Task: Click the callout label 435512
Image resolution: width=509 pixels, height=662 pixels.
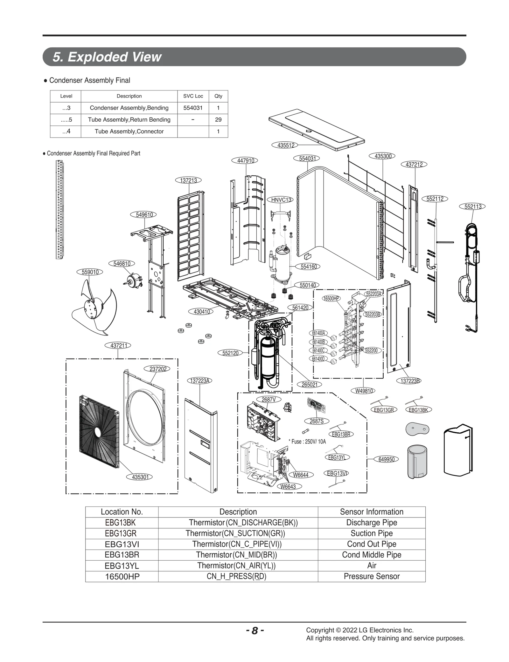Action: tap(285, 145)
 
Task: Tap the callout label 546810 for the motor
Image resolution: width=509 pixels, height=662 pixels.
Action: tap(122, 263)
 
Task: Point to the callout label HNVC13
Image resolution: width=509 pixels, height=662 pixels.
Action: tap(281, 199)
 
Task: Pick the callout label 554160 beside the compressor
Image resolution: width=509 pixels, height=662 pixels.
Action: tap(308, 267)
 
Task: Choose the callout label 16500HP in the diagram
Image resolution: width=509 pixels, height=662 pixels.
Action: tap(331, 298)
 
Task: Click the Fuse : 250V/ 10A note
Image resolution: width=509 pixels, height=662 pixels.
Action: tap(307, 442)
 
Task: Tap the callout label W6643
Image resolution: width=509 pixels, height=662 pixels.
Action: tap(288, 486)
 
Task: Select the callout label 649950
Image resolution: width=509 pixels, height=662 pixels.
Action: tap(386, 459)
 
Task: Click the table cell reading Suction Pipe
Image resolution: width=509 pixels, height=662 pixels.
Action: tap(371, 533)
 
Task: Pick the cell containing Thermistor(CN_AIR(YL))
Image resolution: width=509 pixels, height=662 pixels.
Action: tap(236, 566)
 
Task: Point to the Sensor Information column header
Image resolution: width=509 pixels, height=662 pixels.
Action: tap(371, 512)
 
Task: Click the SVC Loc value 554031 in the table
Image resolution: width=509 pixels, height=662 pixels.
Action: tap(193, 108)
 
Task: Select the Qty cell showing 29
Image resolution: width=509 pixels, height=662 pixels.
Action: tap(218, 120)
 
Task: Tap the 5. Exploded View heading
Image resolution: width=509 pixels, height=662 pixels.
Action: tap(107, 57)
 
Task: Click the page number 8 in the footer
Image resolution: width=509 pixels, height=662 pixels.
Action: tap(254, 631)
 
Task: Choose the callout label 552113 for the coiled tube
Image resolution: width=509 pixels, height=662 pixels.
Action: tap(473, 206)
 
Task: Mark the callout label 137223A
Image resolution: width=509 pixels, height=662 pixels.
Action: tap(199, 381)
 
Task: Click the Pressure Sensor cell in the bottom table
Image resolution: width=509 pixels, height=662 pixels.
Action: tap(371, 576)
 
